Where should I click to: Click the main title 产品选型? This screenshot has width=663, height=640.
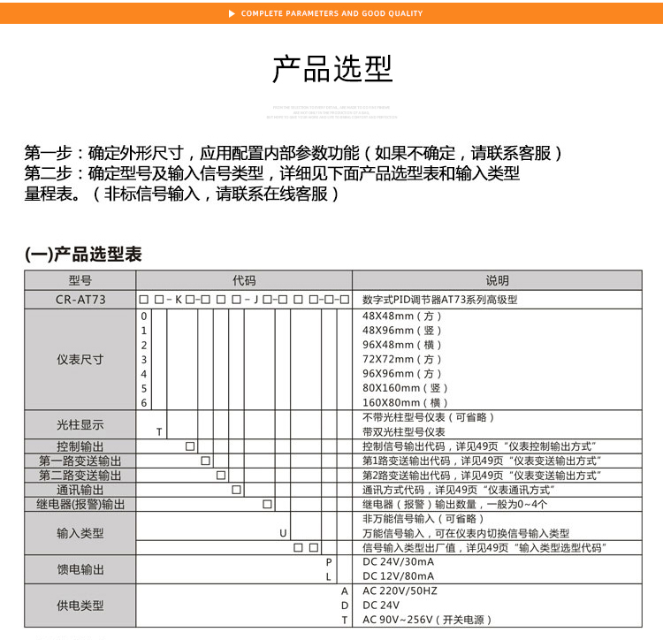(x=331, y=70)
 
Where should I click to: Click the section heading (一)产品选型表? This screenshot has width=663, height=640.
(x=82, y=255)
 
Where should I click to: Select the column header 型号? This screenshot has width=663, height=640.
(x=80, y=280)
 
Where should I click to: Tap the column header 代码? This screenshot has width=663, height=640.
(x=244, y=280)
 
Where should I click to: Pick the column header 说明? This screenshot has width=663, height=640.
(x=498, y=280)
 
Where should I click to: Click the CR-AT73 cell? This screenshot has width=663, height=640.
(x=80, y=300)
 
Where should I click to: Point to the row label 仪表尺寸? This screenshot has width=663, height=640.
(x=80, y=359)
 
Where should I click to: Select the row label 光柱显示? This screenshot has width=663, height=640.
(x=80, y=424)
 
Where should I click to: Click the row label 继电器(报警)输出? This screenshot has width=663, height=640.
(x=80, y=504)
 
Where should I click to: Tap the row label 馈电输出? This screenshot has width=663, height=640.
(x=80, y=569)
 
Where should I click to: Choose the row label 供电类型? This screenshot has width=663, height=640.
(x=80, y=606)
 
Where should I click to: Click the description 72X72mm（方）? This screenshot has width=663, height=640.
(x=402, y=359)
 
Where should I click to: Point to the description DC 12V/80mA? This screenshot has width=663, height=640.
(x=398, y=576)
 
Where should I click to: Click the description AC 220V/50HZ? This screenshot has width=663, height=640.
(x=400, y=590)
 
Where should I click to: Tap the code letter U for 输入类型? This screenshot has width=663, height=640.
(x=283, y=533)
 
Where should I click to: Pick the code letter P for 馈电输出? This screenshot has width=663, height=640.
(x=328, y=562)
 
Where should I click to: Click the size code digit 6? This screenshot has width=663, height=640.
(x=144, y=402)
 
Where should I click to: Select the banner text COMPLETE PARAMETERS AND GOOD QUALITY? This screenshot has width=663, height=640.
(x=331, y=13)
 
